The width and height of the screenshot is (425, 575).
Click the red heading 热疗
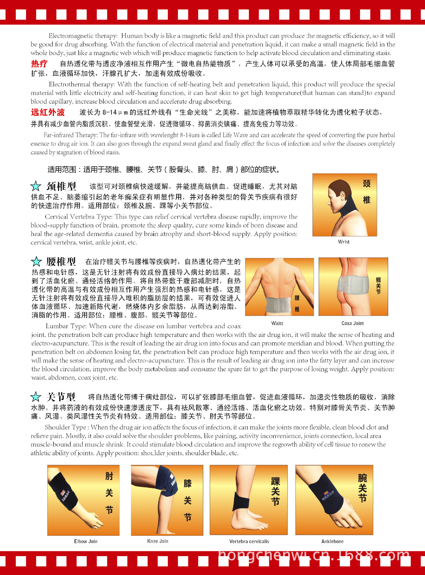click(x=39, y=64)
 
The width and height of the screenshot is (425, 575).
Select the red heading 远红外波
click(x=48, y=112)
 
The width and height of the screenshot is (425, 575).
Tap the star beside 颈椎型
click(x=36, y=186)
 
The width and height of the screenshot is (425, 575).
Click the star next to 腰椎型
click(x=36, y=261)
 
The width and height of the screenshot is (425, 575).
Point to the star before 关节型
click(x=36, y=397)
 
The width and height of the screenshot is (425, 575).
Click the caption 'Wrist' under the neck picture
click(x=344, y=242)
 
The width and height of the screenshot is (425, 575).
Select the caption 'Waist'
click(x=277, y=323)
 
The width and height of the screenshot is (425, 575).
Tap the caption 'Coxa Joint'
click(x=353, y=323)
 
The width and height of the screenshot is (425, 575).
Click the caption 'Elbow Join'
click(x=86, y=541)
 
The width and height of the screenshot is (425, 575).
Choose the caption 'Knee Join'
click(x=158, y=541)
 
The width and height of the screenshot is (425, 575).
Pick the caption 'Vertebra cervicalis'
click(x=249, y=541)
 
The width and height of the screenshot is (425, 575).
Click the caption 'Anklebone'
click(x=332, y=541)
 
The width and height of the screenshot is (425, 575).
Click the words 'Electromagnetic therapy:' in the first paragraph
click(x=83, y=36)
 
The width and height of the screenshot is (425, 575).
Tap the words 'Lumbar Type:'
click(x=66, y=326)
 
